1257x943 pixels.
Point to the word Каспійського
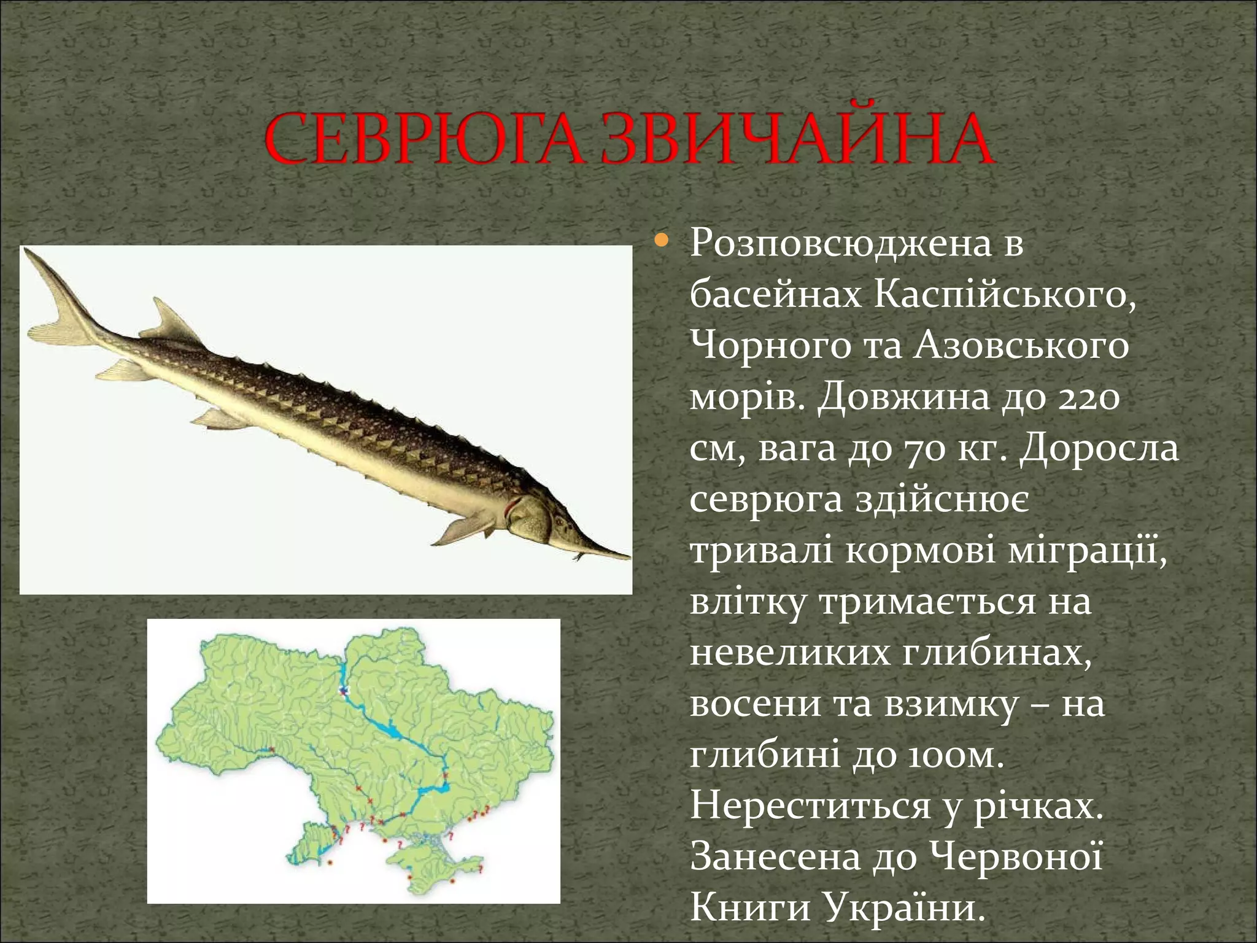1004,296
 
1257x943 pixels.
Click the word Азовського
1021,347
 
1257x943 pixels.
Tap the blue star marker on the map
343,691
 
